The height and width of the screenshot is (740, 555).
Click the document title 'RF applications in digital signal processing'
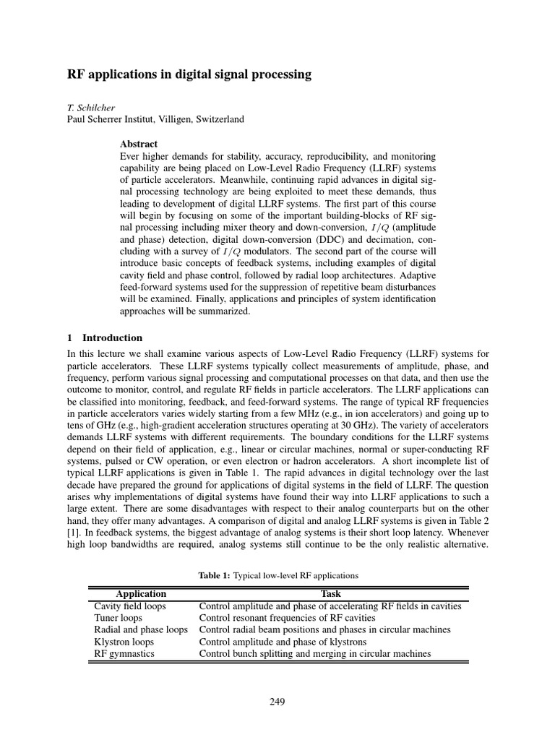[189, 74]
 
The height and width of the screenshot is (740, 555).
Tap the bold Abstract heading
[139, 144]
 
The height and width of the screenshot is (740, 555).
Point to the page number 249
[277, 702]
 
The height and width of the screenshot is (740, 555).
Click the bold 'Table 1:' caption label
[214, 575]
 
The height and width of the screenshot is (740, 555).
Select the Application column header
[141, 595]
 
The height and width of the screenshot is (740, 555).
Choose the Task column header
[330, 595]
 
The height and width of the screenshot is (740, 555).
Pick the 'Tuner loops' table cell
[119, 618]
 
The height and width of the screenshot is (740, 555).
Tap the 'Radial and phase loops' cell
[141, 629]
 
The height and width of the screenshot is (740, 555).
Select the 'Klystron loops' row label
[124, 641]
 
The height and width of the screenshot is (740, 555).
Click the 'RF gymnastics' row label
[124, 653]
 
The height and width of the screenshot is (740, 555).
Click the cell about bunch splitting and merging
[314, 653]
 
